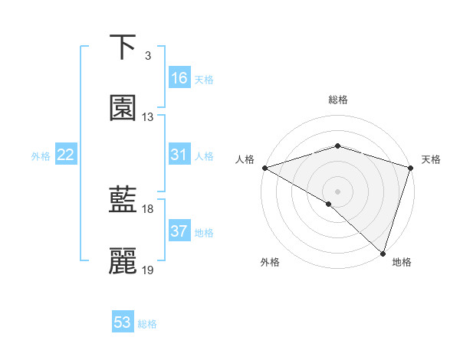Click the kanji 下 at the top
123,47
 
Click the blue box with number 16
179,78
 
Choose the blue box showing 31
179,155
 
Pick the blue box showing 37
179,231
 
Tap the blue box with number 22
66,155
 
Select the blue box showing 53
123,322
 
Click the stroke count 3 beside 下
148,56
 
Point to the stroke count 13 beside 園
148,117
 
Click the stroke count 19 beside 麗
148,270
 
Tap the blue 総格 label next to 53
147,324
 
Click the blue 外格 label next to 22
41,155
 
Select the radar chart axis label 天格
431,160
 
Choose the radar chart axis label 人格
245,160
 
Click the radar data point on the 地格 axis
383,254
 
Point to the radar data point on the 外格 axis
329,204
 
